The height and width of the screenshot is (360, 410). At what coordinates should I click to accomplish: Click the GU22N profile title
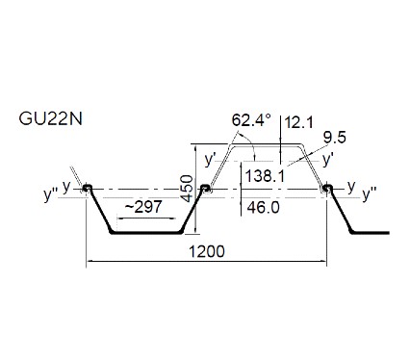point(51,119)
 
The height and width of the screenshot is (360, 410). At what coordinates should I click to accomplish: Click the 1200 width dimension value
point(207,251)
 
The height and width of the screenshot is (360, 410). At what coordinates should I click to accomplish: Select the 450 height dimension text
point(187,189)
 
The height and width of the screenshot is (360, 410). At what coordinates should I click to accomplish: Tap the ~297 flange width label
point(143,207)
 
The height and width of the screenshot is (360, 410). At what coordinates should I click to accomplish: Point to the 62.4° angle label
point(251,120)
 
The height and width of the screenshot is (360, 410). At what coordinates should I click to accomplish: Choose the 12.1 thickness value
point(298,122)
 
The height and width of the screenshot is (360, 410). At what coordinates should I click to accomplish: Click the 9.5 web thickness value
point(335,138)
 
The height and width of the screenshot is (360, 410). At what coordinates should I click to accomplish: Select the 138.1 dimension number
point(265,176)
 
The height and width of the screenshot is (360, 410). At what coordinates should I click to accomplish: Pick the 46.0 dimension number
point(263,208)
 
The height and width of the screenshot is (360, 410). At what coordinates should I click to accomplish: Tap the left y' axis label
point(210,159)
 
